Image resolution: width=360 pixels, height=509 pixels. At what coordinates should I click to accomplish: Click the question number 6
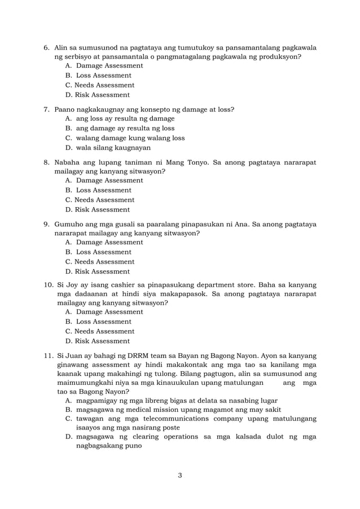[x=47, y=47]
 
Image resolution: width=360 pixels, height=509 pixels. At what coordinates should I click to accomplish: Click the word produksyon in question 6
[x=279, y=57]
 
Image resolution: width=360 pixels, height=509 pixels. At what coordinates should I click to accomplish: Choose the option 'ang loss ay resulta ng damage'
[x=125, y=119]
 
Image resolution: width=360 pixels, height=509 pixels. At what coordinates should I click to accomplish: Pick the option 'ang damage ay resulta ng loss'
[x=125, y=128]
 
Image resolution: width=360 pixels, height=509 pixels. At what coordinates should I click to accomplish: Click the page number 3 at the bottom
[x=179, y=475]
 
